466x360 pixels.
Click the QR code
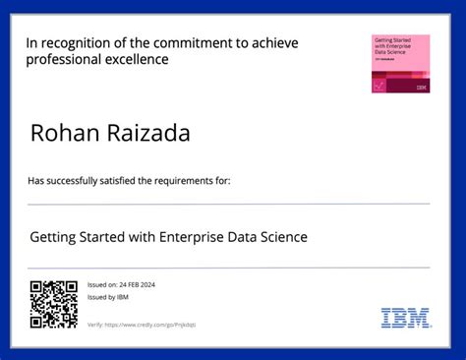(x=53, y=303)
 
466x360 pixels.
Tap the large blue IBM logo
(x=405, y=317)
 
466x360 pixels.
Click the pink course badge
(x=400, y=63)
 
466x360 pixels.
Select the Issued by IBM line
(x=108, y=297)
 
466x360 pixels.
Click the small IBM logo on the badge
(x=422, y=87)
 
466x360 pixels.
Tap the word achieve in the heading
(x=275, y=43)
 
